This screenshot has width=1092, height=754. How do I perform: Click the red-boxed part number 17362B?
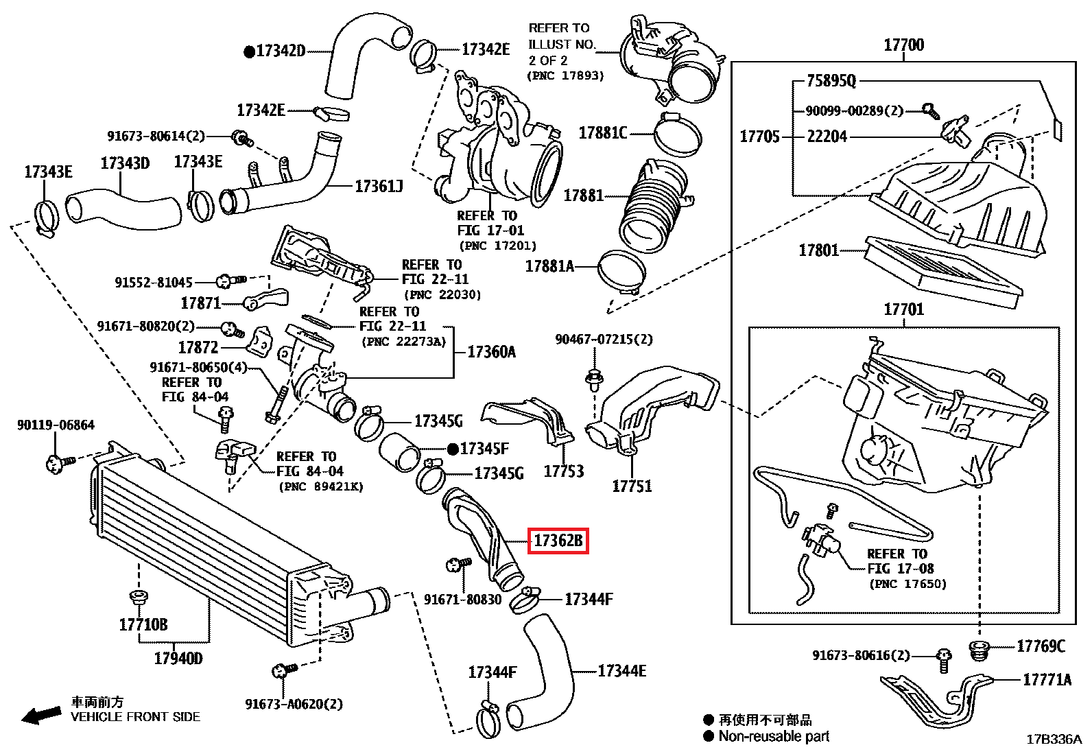tap(558, 541)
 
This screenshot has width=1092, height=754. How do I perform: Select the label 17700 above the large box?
tap(903, 45)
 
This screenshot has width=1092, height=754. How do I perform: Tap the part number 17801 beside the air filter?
tap(818, 250)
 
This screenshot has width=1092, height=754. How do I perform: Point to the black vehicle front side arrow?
tap(41, 716)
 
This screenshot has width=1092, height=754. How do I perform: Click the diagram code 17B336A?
tap(1054, 740)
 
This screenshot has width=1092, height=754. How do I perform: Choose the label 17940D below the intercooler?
tap(178, 659)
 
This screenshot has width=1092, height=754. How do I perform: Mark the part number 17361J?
tap(379, 186)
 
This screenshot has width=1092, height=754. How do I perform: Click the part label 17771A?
tap(1047, 680)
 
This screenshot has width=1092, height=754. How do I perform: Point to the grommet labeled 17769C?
tap(980, 648)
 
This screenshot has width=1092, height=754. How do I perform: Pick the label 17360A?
tap(491, 352)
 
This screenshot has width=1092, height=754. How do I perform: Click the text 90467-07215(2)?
tap(604, 339)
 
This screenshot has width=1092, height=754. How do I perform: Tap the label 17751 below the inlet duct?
tap(632, 486)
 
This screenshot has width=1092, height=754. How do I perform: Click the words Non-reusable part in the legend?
tap(774, 737)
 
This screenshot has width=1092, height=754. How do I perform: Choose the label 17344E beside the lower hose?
tap(621, 671)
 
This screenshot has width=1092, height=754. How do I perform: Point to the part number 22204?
tap(827, 137)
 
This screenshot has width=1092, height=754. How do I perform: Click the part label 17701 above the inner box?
tap(903, 309)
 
